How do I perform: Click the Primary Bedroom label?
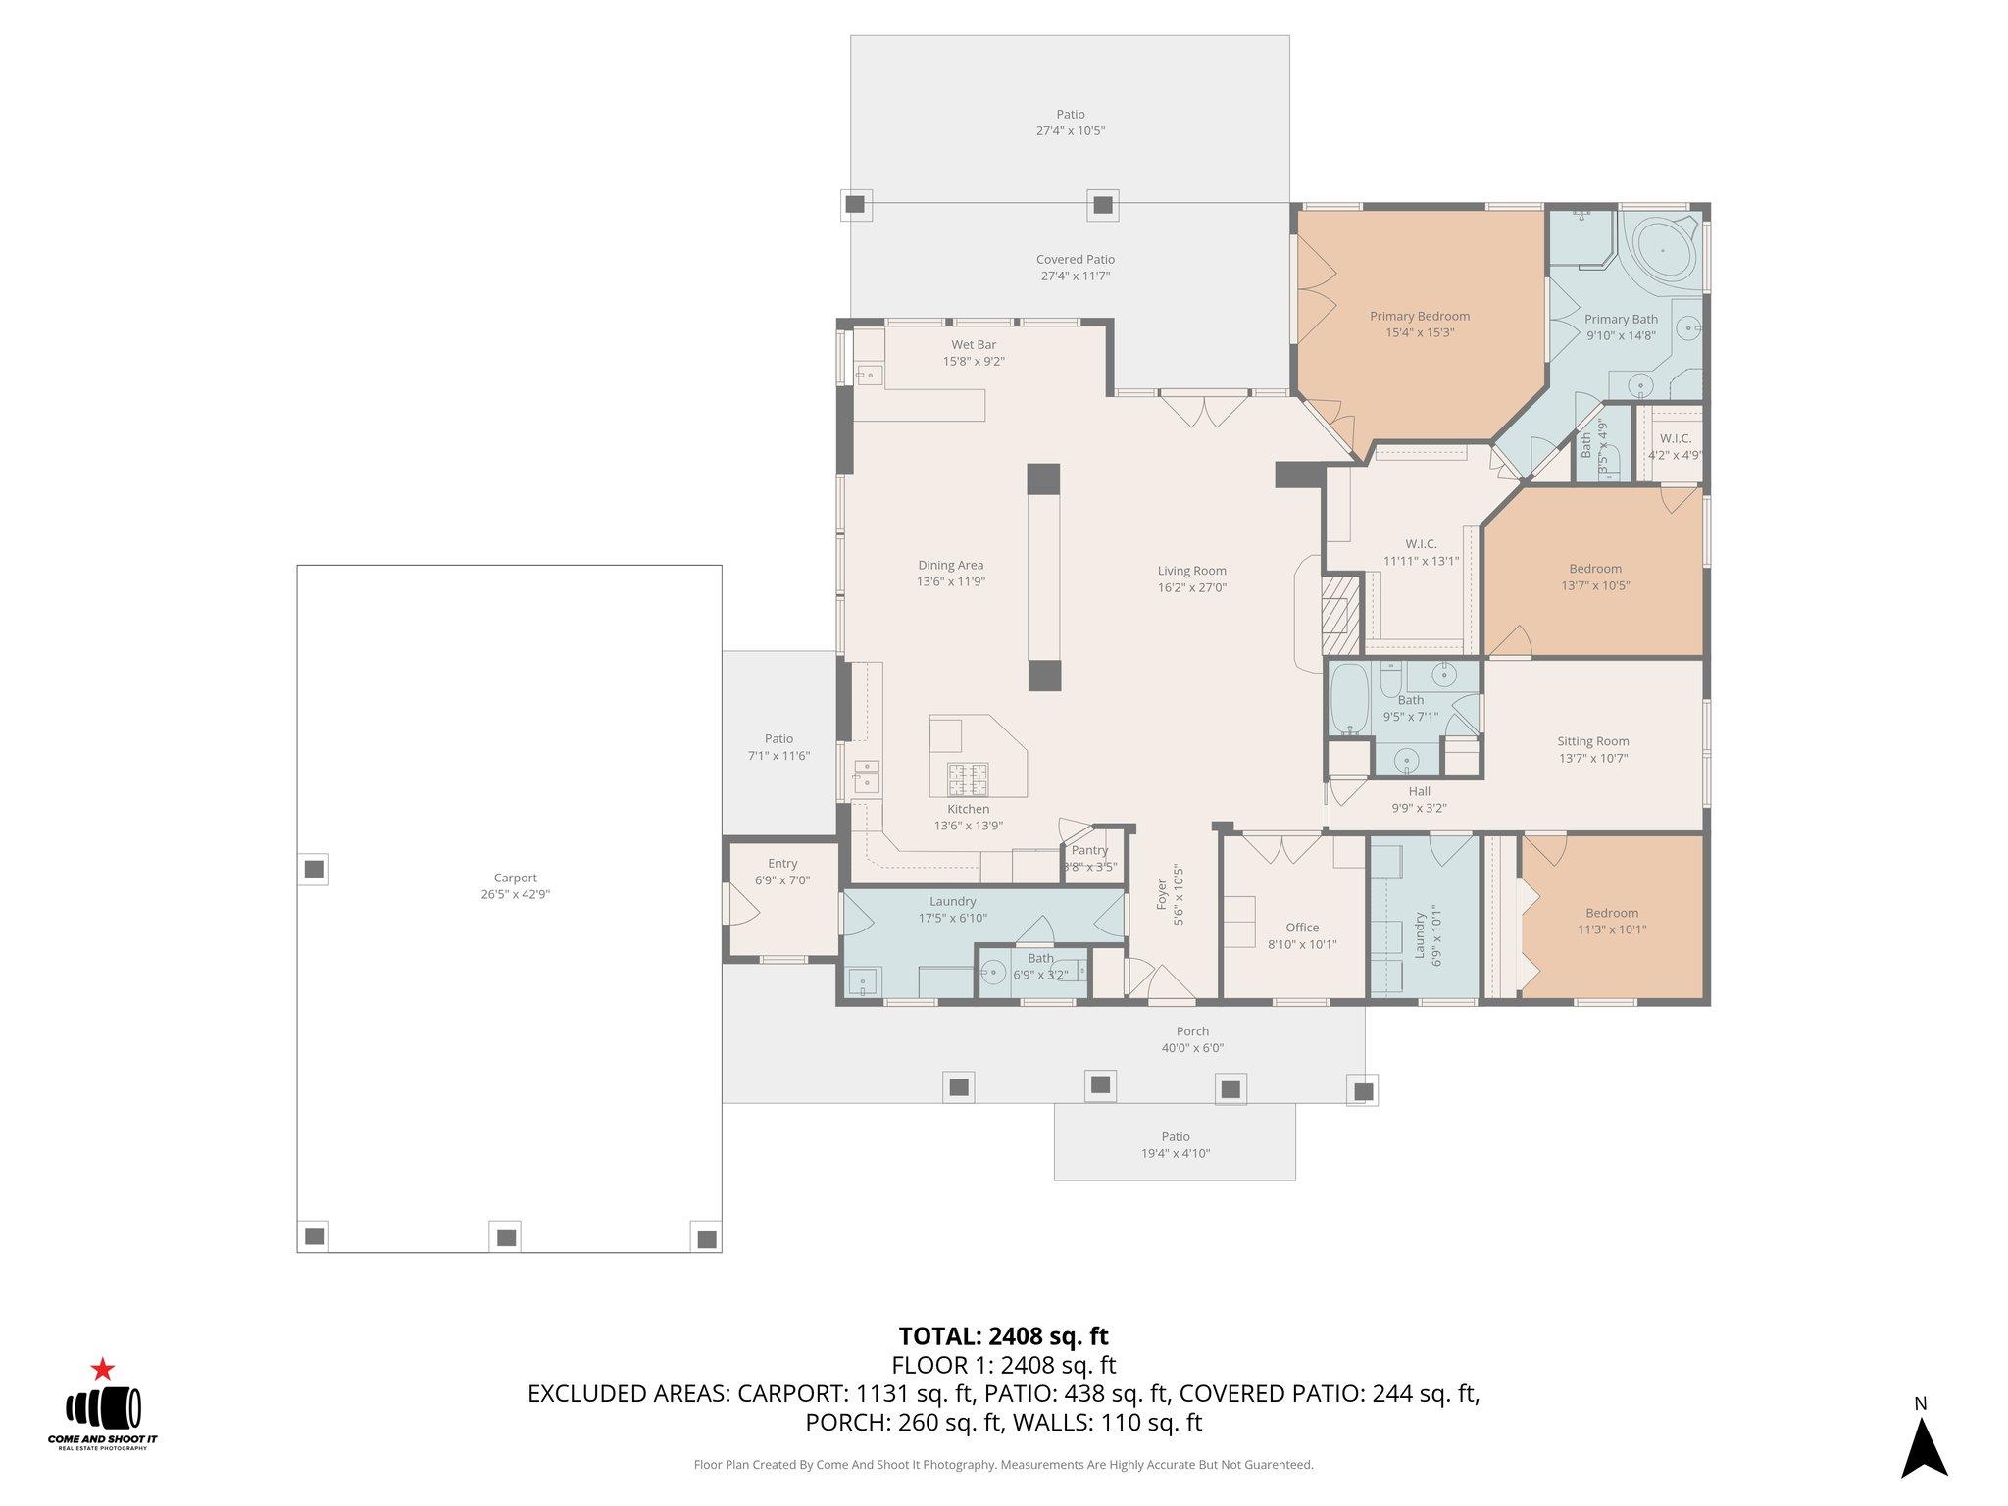(x=1419, y=316)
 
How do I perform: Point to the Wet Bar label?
(x=974, y=344)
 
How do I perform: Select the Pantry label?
(x=1089, y=850)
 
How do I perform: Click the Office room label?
(x=1302, y=927)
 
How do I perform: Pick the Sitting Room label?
(x=1592, y=741)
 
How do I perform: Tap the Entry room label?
(x=782, y=863)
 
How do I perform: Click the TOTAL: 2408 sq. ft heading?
(x=1003, y=1335)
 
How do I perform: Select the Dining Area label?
(x=950, y=565)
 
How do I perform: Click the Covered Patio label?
(x=1075, y=259)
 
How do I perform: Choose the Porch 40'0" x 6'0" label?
(x=1192, y=1039)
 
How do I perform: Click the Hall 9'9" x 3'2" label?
(x=1419, y=800)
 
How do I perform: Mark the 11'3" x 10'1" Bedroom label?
(x=1611, y=921)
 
